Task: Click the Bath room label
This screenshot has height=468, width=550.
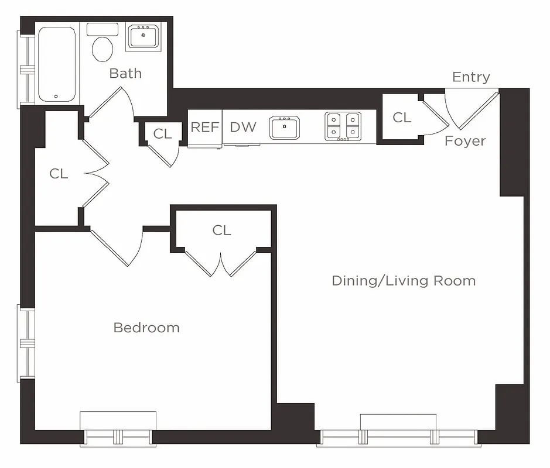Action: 125,73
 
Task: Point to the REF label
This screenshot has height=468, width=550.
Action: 204,127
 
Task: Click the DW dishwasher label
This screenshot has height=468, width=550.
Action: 242,127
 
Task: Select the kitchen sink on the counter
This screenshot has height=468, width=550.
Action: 285,127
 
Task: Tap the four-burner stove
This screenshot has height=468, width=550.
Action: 343,126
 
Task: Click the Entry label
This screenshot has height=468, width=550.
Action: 471,77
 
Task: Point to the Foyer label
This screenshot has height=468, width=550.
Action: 465,141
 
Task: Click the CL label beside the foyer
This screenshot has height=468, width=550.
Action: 402,118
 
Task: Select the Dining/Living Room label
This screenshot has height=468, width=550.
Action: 404,281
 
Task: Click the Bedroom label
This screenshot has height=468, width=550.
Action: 146,328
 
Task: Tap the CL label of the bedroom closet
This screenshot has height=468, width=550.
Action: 221,230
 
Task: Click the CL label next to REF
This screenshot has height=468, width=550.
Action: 162,134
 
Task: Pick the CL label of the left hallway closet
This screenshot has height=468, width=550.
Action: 59,174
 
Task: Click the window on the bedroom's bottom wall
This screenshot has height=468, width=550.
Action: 118,435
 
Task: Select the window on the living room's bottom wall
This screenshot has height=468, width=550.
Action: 398,436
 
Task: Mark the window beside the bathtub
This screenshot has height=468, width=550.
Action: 26,69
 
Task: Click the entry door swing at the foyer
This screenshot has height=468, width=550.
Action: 469,108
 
